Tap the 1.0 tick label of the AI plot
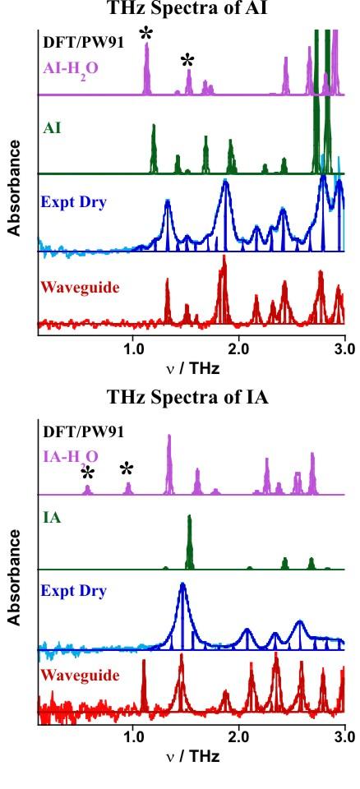(x=132, y=348)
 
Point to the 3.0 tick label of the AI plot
(x=345, y=348)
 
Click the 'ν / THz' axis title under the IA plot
(x=190, y=756)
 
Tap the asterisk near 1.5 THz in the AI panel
(x=188, y=60)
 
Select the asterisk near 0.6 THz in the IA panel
(x=88, y=473)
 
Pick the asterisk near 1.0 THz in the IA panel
(x=127, y=469)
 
